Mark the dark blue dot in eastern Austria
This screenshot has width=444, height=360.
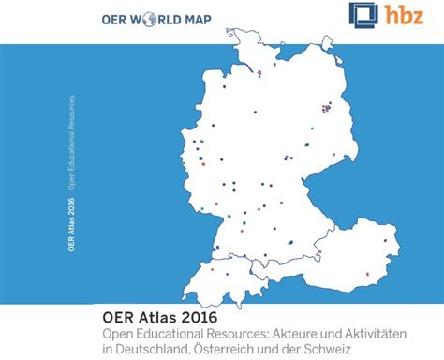coord(383,241)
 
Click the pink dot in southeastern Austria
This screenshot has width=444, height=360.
coord(366,274)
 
